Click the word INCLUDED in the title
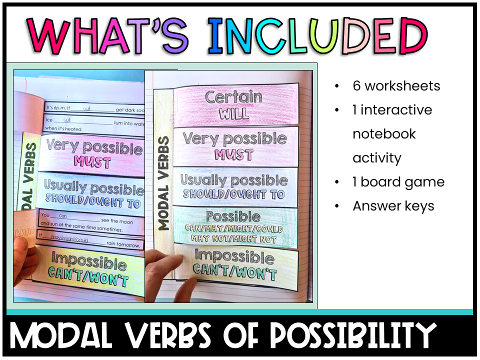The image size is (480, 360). [318, 36]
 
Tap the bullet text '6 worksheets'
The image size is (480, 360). [396, 86]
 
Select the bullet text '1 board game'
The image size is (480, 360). [398, 182]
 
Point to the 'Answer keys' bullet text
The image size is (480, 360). [393, 206]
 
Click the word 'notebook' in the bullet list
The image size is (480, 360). [377, 134]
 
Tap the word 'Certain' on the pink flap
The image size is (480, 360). [233, 97]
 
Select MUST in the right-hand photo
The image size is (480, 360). [234, 154]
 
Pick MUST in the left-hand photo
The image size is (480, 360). [92, 162]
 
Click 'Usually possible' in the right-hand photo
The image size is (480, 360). [234, 180]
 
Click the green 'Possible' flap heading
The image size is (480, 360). [233, 217]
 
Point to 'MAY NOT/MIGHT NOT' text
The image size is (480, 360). [234, 239]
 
